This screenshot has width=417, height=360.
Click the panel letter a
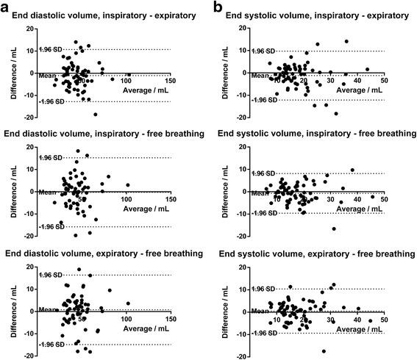tap(7, 8)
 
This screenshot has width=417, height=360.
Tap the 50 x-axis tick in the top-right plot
tap(384, 81)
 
